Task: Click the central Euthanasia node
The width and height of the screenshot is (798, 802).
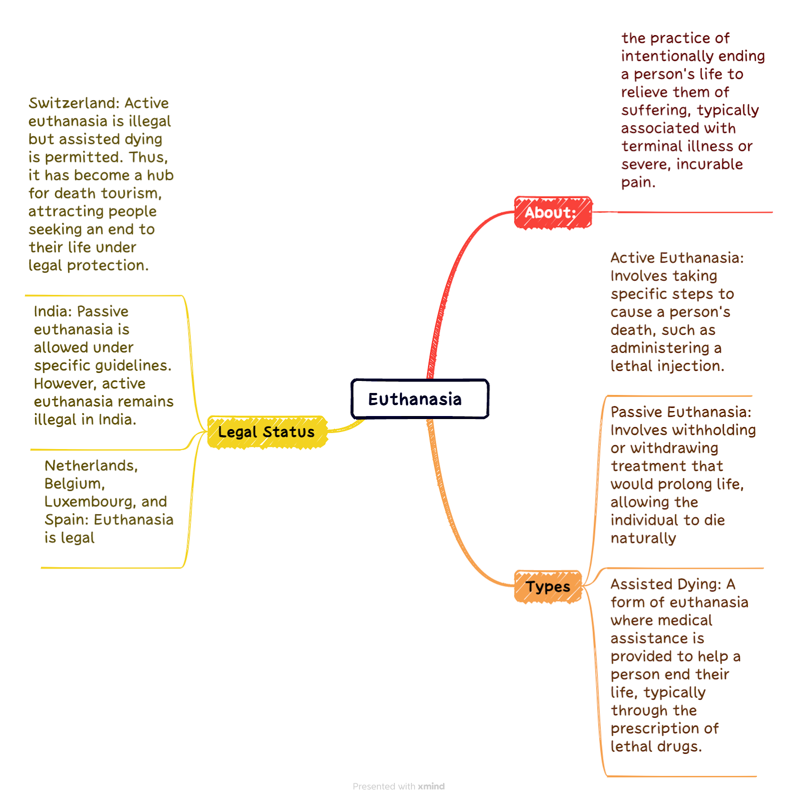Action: pos(420,399)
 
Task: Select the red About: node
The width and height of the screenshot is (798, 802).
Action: pos(553,213)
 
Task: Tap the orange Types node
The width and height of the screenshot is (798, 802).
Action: pos(548,586)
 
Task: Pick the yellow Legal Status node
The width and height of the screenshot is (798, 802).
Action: pos(267,432)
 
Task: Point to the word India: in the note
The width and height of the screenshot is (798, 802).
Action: pos(52,311)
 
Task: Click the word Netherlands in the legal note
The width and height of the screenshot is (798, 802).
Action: pos(91,466)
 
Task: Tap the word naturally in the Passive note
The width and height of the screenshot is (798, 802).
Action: pos(643,539)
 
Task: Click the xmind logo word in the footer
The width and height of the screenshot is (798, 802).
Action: pos(431,786)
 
